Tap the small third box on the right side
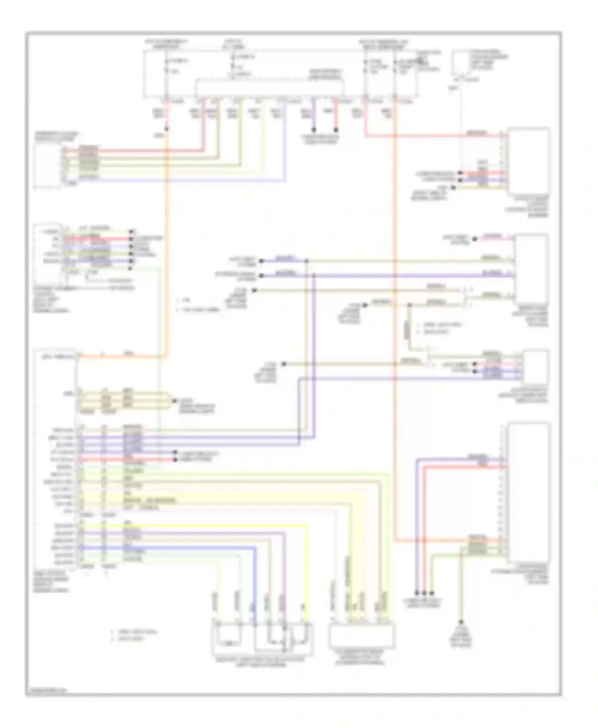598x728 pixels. [x=536, y=366]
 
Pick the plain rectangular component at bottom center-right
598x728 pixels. [x=362, y=634]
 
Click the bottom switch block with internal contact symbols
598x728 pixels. [x=262, y=638]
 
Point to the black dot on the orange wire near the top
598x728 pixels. [x=167, y=129]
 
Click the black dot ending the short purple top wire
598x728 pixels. [x=314, y=130]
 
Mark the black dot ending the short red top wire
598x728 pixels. [x=336, y=130]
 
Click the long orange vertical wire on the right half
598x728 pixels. [x=395, y=319]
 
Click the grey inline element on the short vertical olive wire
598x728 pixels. [x=407, y=330]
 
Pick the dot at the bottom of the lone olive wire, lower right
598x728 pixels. [x=461, y=622]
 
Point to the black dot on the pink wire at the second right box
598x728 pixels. [x=475, y=239]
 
